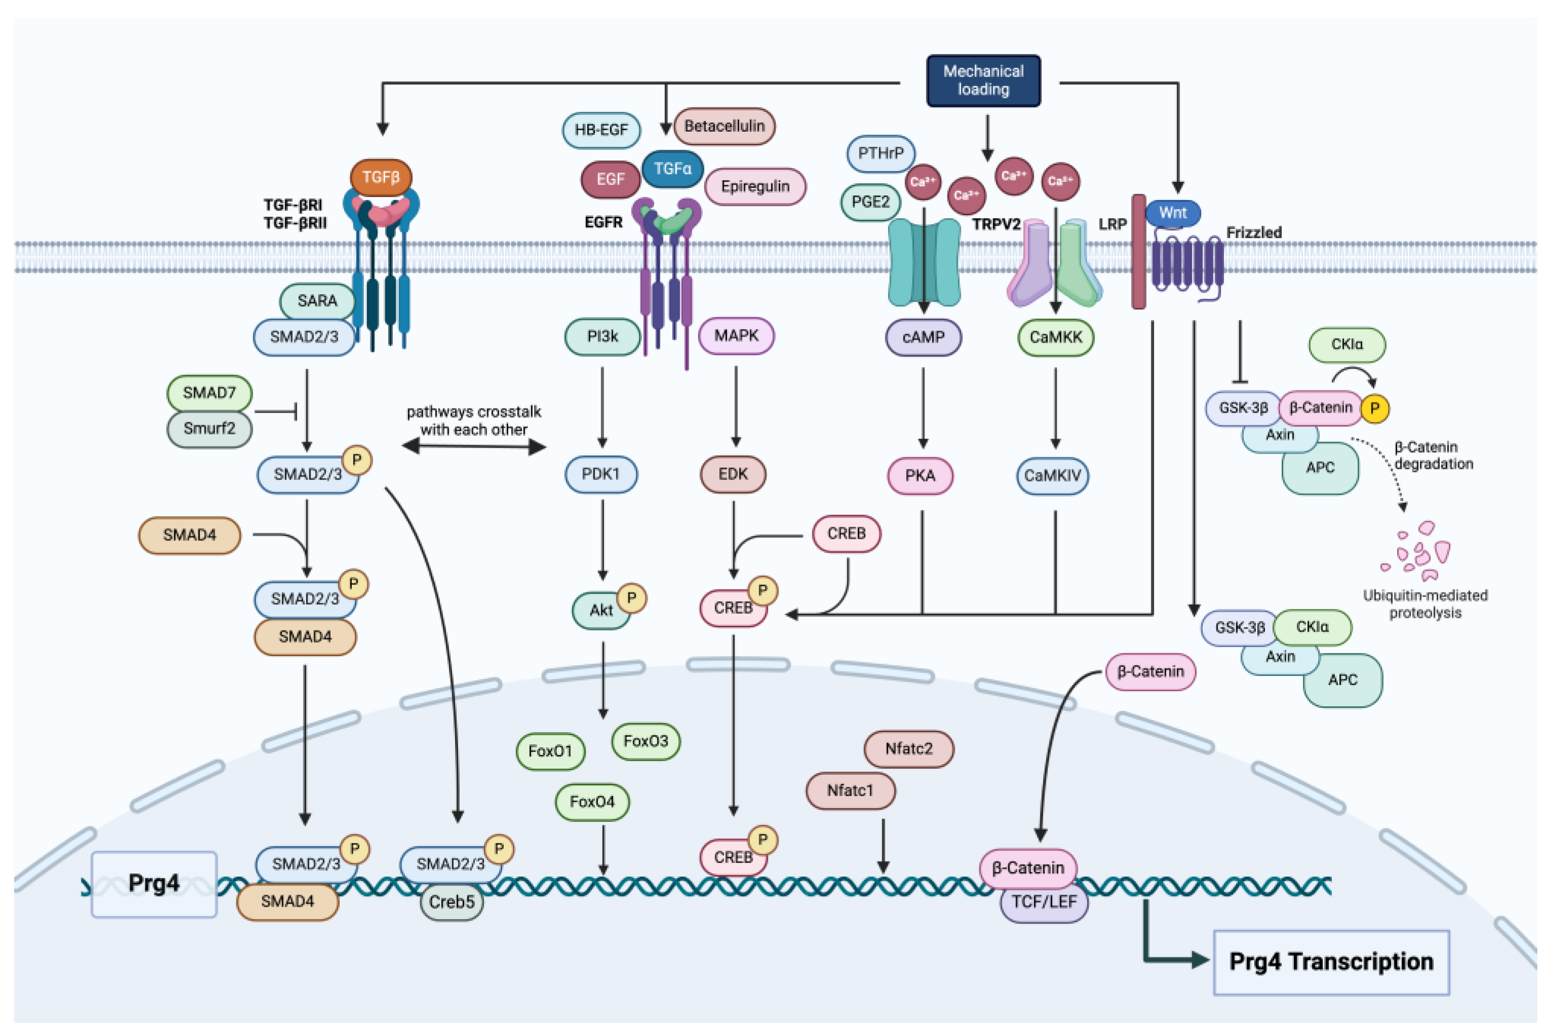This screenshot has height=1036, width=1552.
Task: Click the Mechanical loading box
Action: coord(984,81)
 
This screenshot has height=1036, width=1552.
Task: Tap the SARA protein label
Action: coord(317,301)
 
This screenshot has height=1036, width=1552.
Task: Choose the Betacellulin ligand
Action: coord(724,126)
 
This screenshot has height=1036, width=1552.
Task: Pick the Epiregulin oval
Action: coord(755,186)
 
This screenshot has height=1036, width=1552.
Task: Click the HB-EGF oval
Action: coord(600,130)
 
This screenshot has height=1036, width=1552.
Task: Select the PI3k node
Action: coord(602,336)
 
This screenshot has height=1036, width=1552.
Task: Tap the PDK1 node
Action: coord(600,474)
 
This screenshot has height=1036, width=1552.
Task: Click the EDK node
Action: coord(732,474)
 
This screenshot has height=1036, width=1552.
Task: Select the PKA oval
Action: coord(919,475)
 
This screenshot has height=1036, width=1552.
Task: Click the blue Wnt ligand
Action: coord(1172,213)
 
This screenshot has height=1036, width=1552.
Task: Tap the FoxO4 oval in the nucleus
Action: coord(592,802)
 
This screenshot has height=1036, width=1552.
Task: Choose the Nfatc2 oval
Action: coord(908,748)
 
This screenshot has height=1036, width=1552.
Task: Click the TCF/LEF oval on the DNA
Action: coord(1043,902)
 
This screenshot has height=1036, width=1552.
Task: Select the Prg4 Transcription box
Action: coord(1331,962)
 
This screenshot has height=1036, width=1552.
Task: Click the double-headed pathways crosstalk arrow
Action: coord(473,447)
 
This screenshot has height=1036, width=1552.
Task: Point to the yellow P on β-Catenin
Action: coord(1374,408)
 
